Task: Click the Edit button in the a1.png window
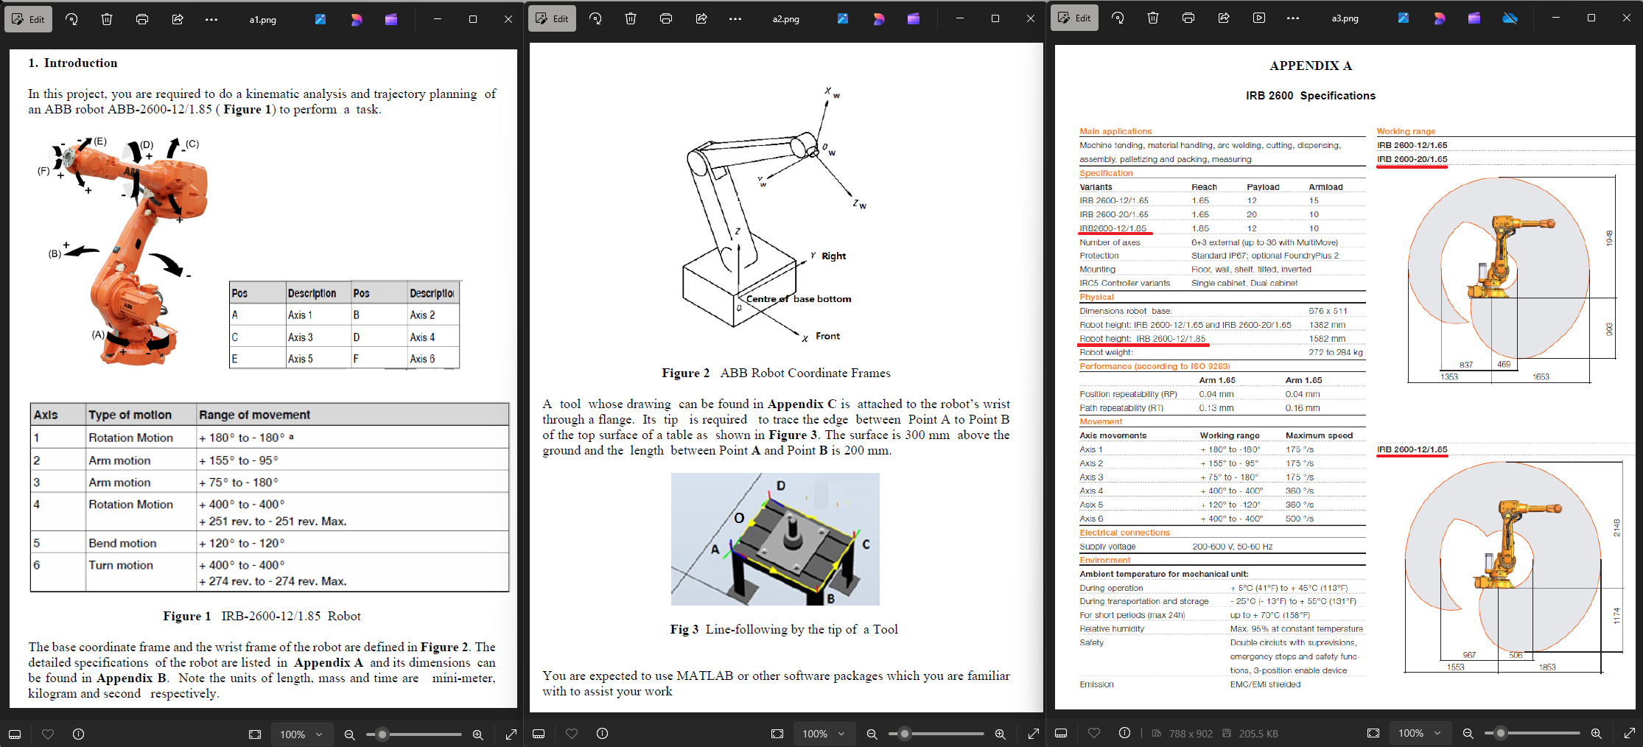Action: pyautogui.click(x=28, y=19)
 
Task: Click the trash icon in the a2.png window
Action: pyautogui.click(x=631, y=19)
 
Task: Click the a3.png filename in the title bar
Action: pyautogui.click(x=1345, y=18)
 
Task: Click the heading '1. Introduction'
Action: pyautogui.click(x=73, y=63)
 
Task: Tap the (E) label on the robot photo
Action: pyautogui.click(x=99, y=141)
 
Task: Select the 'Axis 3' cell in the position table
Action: pyautogui.click(x=300, y=337)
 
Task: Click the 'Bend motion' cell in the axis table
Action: pyautogui.click(x=122, y=543)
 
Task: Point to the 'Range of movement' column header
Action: pyautogui.click(x=254, y=415)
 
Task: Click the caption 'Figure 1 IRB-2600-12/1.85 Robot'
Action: pyautogui.click(x=262, y=616)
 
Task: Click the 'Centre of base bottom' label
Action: pyautogui.click(x=798, y=298)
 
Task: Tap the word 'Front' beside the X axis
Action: pyautogui.click(x=827, y=336)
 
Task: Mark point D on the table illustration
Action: pyautogui.click(x=781, y=485)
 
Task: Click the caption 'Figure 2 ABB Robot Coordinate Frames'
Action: pyautogui.click(x=776, y=373)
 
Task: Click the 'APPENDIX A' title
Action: pyautogui.click(x=1310, y=66)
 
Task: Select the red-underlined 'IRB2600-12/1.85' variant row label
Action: pyautogui.click(x=1113, y=228)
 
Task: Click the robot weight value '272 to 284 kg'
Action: pyautogui.click(x=1335, y=352)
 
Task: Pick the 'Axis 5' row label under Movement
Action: pyautogui.click(x=1091, y=505)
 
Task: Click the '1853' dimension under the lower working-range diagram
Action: pyautogui.click(x=1546, y=667)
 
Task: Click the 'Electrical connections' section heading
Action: pyautogui.click(x=1124, y=533)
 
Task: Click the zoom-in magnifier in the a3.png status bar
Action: pyautogui.click(x=1596, y=734)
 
